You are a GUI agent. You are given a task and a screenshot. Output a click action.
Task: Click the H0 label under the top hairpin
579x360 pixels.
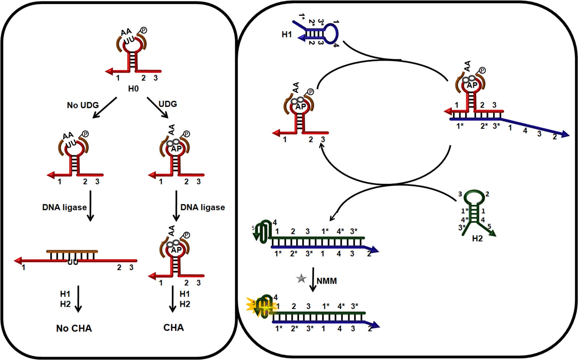[133, 88]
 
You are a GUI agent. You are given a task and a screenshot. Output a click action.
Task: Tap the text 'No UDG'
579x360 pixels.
[83, 105]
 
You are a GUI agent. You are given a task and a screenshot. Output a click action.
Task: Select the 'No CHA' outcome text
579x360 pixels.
[74, 328]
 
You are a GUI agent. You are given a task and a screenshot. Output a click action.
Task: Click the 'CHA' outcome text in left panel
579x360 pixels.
[173, 327]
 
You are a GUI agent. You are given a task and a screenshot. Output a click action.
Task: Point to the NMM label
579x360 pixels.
[327, 281]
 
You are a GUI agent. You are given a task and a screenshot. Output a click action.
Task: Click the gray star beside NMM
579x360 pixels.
[301, 278]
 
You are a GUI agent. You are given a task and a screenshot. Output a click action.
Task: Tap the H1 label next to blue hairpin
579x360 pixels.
[287, 35]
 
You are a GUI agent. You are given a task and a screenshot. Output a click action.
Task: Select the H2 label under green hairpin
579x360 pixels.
[477, 238]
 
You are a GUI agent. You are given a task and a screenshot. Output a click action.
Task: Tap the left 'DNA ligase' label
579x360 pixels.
[64, 207]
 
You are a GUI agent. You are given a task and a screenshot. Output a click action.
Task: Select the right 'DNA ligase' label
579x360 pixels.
[202, 207]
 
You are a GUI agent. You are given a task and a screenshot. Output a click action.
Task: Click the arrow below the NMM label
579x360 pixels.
[313, 280]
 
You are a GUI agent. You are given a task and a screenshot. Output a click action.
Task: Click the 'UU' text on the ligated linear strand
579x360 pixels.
[73, 262]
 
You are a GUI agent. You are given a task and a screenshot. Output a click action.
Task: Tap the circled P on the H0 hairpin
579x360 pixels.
[143, 30]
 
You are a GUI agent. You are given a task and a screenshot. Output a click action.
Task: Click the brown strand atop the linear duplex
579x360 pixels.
[72, 251]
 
